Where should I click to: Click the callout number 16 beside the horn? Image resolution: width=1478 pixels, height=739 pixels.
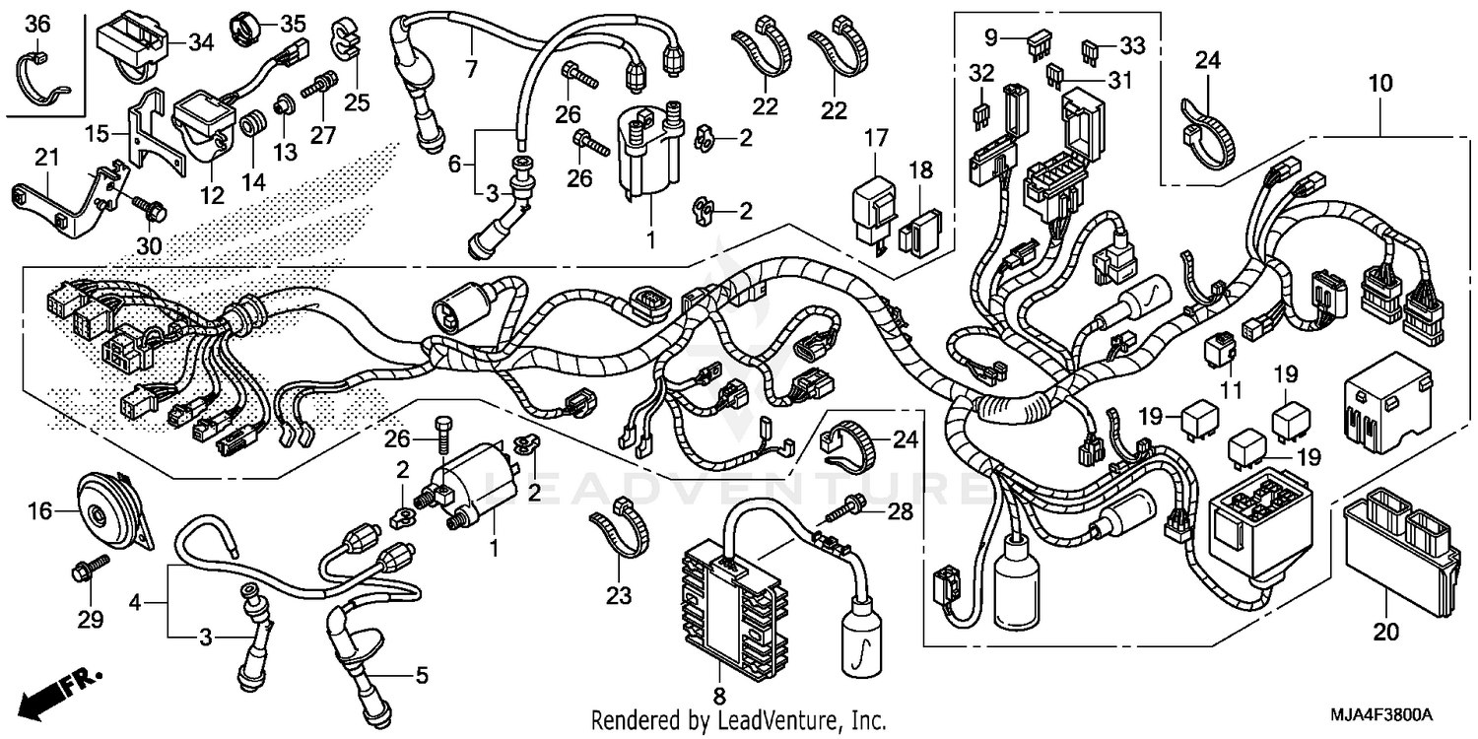(38, 510)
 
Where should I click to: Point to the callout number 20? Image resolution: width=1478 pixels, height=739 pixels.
(1386, 635)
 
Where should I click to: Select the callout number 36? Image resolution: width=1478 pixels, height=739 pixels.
(36, 24)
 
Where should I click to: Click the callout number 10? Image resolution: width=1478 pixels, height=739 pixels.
(1379, 85)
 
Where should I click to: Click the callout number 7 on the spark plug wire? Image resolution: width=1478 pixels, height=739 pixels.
(470, 70)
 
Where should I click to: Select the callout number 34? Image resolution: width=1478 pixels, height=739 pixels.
(201, 41)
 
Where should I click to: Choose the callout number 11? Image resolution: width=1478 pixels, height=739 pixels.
(1230, 392)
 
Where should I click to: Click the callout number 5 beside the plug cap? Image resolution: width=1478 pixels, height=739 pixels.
(421, 676)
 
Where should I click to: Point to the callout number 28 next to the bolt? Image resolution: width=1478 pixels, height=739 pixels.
(900, 511)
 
